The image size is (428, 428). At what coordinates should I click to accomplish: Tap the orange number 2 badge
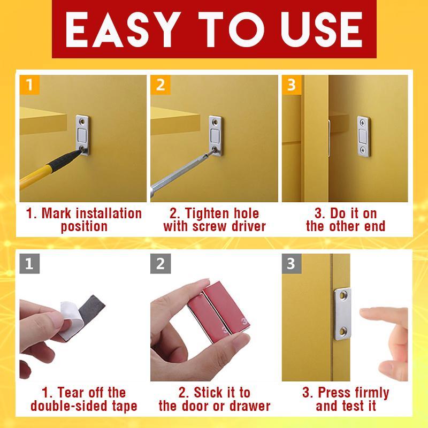coord(159,85)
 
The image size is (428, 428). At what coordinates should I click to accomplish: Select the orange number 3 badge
coord(291,85)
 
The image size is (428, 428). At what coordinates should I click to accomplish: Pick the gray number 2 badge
coord(159,263)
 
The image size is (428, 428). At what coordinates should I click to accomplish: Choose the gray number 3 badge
coord(291,263)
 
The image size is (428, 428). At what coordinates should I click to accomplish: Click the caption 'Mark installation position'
coord(84,220)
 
